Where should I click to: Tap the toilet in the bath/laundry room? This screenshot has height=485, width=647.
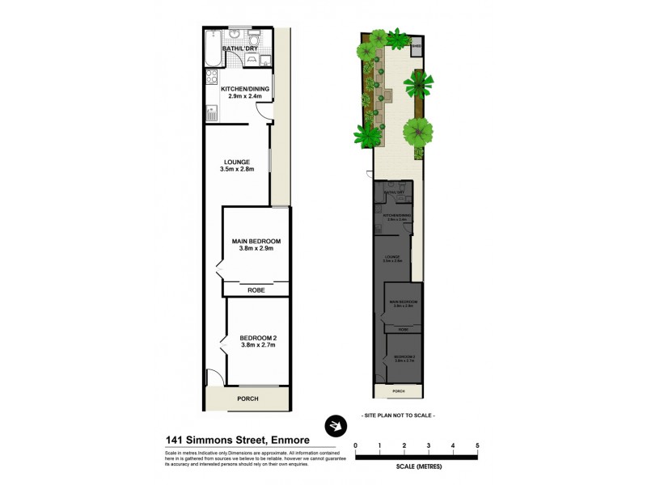pyautogui.click(x=253, y=41)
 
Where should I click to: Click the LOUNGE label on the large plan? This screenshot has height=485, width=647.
pyautogui.click(x=237, y=161)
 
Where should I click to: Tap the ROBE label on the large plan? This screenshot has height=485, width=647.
pyautogui.click(x=256, y=289)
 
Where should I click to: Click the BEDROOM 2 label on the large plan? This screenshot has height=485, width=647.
pyautogui.click(x=257, y=336)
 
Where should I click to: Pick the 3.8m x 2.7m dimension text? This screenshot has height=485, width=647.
pyautogui.click(x=257, y=345)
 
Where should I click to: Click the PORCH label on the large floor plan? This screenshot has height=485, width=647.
pyautogui.click(x=247, y=399)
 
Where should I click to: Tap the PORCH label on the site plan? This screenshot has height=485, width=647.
pyautogui.click(x=397, y=391)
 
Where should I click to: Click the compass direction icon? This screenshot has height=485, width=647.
pyautogui.click(x=333, y=425)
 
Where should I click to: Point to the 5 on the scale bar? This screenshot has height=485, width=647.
pyautogui.click(x=477, y=446)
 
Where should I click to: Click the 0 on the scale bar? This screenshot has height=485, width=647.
pyautogui.click(x=356, y=446)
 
